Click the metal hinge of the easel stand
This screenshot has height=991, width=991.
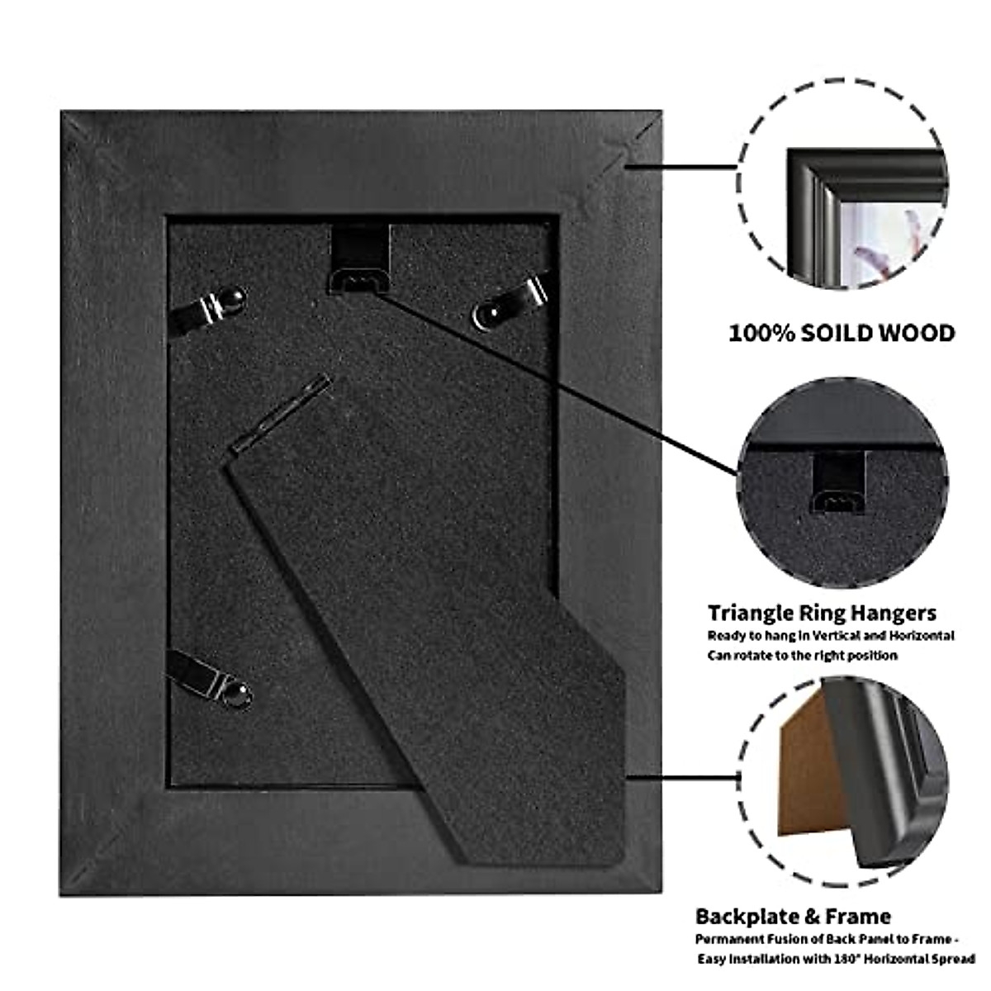point(281,412)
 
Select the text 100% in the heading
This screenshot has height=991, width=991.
point(761,333)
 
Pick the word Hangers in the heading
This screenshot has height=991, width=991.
point(896,613)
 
